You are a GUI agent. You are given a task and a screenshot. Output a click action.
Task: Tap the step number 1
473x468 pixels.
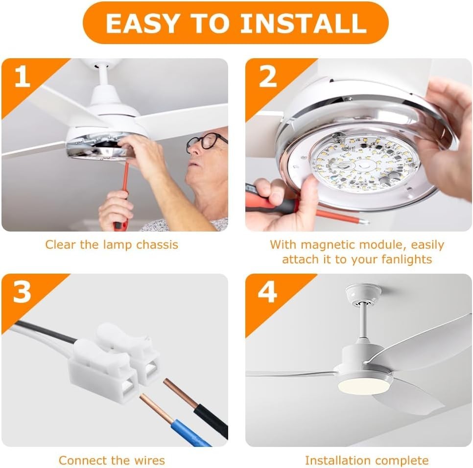pyautogui.click(x=22, y=77)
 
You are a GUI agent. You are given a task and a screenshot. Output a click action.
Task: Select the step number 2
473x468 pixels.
pyautogui.click(x=267, y=77)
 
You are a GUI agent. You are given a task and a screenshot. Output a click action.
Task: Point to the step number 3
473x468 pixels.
pyautogui.click(x=22, y=292)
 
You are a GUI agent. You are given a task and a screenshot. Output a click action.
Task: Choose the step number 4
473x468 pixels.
pyautogui.click(x=267, y=292)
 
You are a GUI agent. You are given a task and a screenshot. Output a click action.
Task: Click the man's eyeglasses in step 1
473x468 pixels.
pyautogui.click(x=206, y=141)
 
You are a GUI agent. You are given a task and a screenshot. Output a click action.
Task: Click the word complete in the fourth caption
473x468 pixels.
pyautogui.click(x=404, y=460)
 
